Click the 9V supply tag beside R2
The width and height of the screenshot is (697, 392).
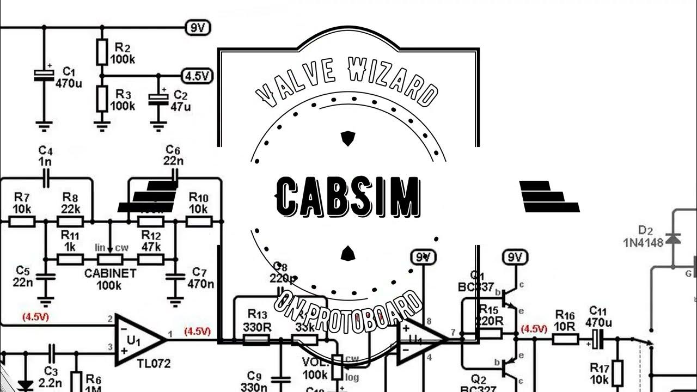pos(198,27)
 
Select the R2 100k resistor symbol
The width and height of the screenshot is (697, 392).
pos(101,51)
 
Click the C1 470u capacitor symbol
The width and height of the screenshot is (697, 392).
pos(44,76)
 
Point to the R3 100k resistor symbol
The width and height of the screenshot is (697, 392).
pos(101,99)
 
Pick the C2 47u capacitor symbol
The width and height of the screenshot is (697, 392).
pos(158,98)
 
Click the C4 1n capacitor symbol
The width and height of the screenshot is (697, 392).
pos(46,176)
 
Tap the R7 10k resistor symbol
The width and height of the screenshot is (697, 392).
pos(22,221)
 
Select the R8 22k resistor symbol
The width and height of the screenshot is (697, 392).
pos(70,221)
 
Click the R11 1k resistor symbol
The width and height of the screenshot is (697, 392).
pos(70,259)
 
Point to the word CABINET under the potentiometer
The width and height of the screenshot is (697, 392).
pos(109,273)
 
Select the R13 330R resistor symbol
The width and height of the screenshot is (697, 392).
pos(256,340)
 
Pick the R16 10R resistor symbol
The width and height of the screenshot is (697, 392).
pos(565,339)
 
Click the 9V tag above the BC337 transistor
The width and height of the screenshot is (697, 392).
pos(515,257)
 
